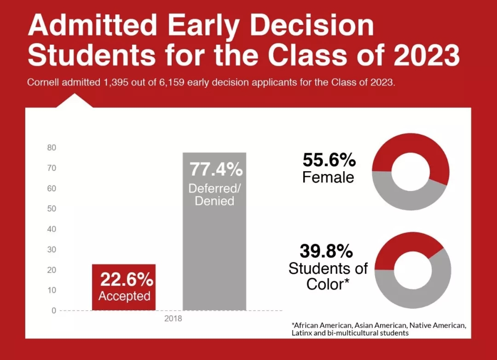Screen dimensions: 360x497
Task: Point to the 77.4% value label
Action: click(x=216, y=169)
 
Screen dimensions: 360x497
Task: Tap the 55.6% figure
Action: click(x=329, y=160)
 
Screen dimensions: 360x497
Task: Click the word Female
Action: click(x=328, y=177)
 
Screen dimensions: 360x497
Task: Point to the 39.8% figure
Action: click(x=326, y=251)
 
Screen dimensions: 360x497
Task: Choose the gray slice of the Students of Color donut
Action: click(x=423, y=295)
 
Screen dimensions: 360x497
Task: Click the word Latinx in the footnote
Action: click(x=301, y=332)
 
